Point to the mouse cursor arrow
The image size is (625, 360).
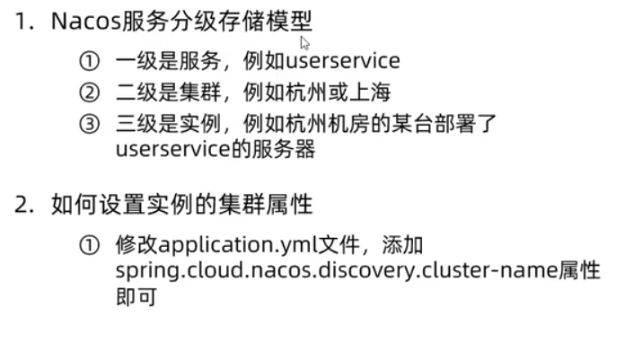pyautogui.click(x=304, y=41)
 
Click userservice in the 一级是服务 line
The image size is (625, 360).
pyautogui.click(x=342, y=62)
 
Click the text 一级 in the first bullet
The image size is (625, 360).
pyautogui.click(x=131, y=62)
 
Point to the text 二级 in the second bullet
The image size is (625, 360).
pyautogui.click(x=131, y=92)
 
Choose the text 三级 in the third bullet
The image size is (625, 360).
pyautogui.click(x=131, y=124)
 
